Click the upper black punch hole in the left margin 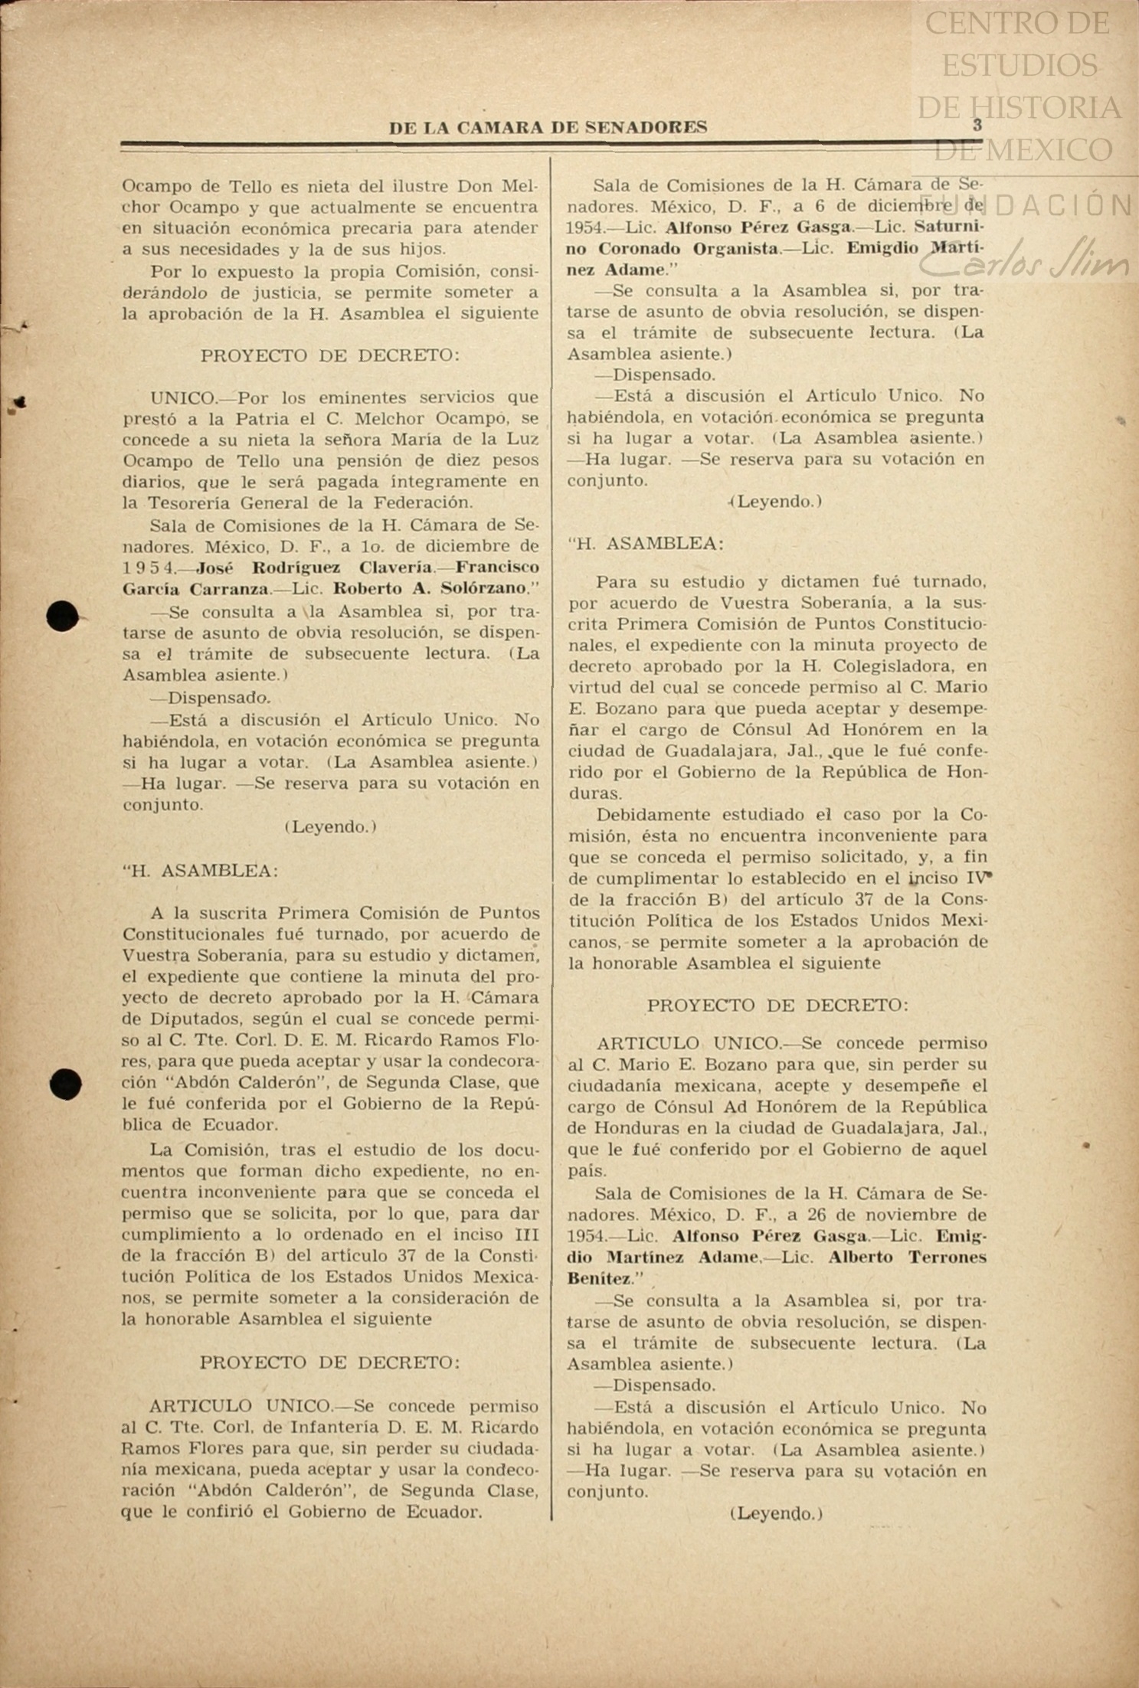pyautogui.click(x=63, y=617)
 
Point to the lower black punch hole pyautogui.click(x=65, y=1084)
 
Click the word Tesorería pyautogui.click(x=191, y=503)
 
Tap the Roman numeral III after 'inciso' pyautogui.click(x=523, y=1235)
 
